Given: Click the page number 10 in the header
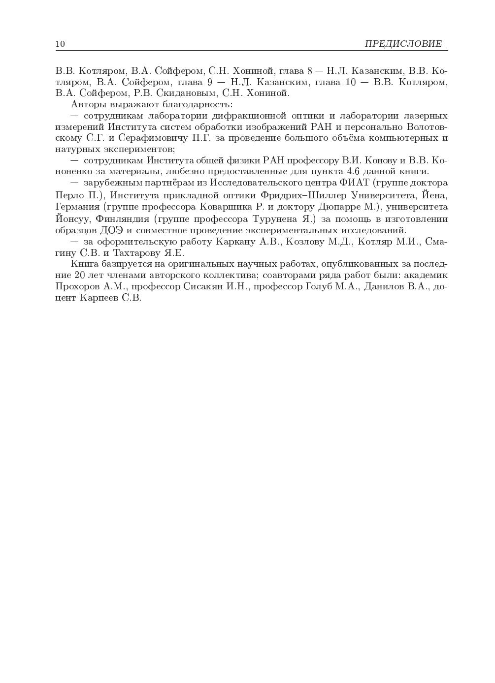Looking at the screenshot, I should click(x=60, y=44).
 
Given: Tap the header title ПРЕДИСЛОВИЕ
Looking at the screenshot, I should click(x=403, y=44).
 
